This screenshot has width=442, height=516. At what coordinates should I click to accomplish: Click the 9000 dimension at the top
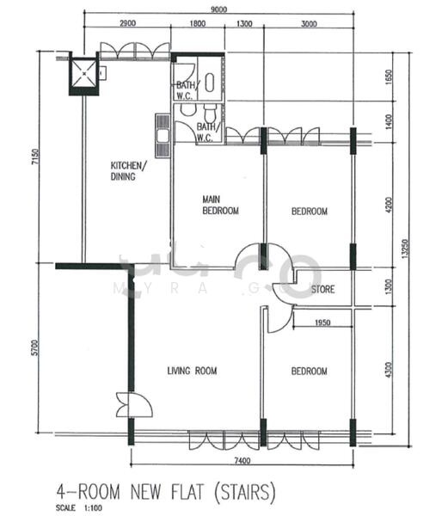coord(218,9)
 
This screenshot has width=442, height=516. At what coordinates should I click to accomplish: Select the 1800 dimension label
coord(197,24)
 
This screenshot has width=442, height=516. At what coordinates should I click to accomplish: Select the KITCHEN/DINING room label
coord(128,171)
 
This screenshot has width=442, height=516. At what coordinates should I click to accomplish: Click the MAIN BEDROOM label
coord(220,205)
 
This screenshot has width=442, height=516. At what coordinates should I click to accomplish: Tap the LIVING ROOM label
coord(192,371)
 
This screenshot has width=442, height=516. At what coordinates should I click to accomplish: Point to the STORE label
coord(322,289)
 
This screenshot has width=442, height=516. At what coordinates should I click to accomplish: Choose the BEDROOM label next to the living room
coord(309,371)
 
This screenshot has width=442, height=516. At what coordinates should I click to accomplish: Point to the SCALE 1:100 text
coord(77,507)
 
